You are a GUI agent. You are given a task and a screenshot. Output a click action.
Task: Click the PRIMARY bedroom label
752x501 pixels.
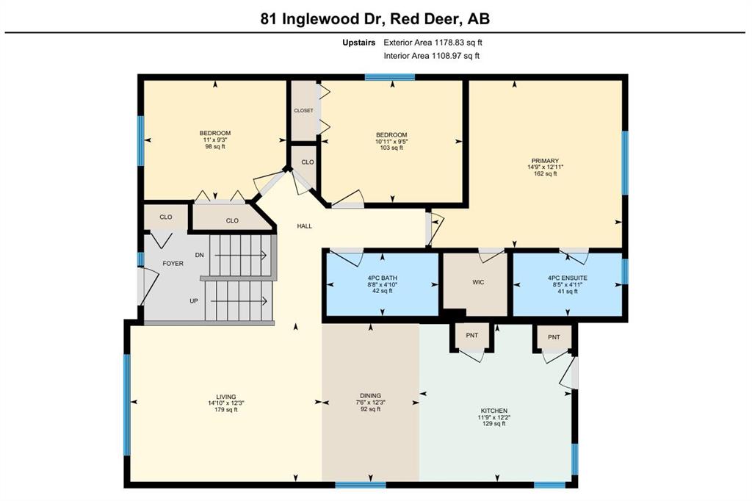(x=545, y=161)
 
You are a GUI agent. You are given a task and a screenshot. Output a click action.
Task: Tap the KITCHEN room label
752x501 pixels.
(x=494, y=411)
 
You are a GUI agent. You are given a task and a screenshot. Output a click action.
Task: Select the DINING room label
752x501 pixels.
(x=370, y=396)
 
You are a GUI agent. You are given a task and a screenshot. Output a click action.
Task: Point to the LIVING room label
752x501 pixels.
(x=226, y=397)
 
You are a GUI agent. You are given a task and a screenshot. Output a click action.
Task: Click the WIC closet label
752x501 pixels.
(x=478, y=282)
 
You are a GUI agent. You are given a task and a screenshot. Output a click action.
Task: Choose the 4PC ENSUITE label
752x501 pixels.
(x=568, y=278)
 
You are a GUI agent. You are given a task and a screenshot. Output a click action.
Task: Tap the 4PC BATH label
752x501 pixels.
(x=382, y=278)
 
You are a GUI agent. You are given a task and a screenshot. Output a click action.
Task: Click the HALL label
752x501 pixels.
(x=305, y=226)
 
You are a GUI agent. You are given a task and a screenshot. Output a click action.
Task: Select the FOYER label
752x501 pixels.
(x=173, y=264)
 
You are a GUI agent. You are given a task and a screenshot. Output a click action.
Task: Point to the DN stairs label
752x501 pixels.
(x=200, y=255)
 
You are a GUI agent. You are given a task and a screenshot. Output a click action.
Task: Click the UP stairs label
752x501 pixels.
(x=194, y=301)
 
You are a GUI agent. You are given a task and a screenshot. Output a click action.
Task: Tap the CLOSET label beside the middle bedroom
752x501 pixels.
(x=303, y=110)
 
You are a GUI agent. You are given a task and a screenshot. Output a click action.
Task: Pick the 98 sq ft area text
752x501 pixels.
(x=215, y=146)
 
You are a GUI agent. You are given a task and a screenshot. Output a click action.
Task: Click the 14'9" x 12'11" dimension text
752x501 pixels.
(x=546, y=167)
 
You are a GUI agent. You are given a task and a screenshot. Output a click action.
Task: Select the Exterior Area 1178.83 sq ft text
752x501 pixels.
(x=433, y=42)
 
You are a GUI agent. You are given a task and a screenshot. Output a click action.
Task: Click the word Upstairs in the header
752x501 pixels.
(x=358, y=42)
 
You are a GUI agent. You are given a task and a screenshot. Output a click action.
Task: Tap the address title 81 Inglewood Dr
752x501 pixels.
(x=323, y=18)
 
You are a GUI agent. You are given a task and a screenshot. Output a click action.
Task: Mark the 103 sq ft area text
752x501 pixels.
(x=391, y=148)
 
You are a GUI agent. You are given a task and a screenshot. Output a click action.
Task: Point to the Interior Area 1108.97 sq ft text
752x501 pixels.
(x=432, y=56)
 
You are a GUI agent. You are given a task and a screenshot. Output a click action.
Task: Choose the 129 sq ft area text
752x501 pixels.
(x=494, y=424)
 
